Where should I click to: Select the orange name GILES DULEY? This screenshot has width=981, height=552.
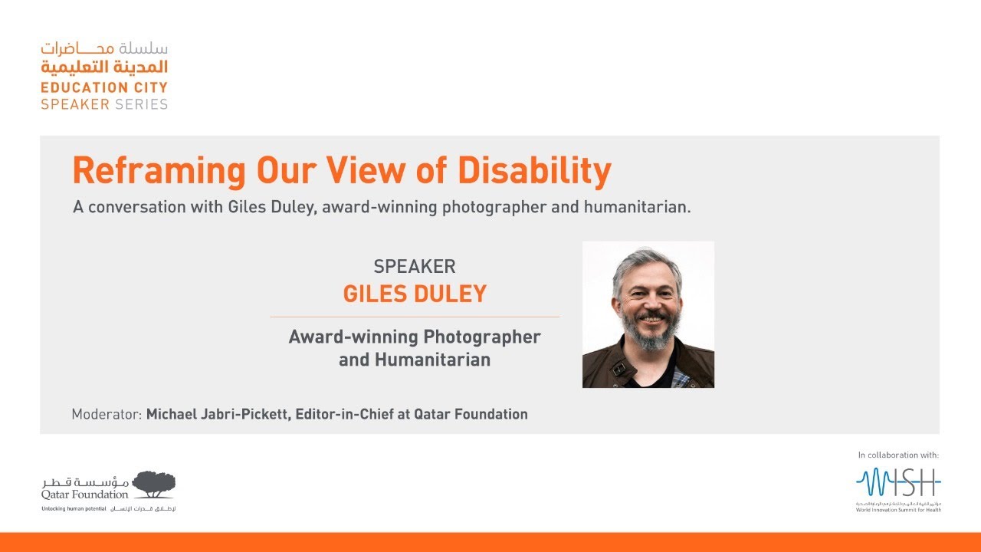[415, 294]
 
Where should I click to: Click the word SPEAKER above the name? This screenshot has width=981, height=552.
[415, 267]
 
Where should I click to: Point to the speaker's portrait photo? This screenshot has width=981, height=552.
[648, 314]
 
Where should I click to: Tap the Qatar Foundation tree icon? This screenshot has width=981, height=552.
[153, 484]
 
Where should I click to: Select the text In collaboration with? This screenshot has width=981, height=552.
[897, 455]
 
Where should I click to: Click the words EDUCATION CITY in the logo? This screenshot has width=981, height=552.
[104, 87]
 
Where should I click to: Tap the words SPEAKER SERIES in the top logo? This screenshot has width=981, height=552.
[104, 104]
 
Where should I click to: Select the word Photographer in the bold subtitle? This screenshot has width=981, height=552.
[482, 337]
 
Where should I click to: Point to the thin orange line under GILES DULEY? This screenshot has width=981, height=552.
[415, 317]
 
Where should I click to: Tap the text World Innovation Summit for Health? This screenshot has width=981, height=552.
[898, 509]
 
